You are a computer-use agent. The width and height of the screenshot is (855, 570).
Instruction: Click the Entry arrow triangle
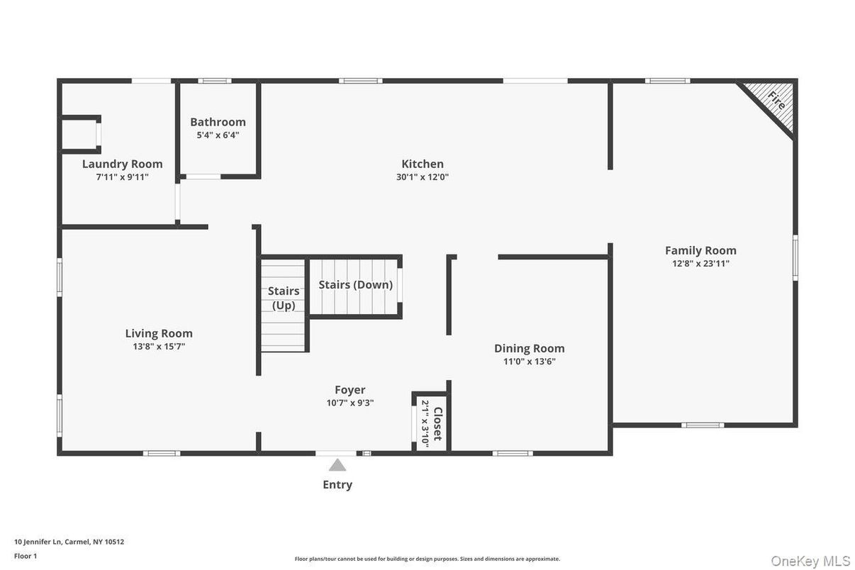pyautogui.click(x=337, y=465)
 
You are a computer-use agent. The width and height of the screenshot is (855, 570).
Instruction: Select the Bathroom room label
pyautogui.click(x=218, y=122)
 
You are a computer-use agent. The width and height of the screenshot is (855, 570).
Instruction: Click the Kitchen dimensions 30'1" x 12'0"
pyautogui.click(x=423, y=177)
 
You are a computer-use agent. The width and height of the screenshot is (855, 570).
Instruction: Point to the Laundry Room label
pyautogui.click(x=122, y=164)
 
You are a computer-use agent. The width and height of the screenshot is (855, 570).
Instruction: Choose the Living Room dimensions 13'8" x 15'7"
pyautogui.click(x=159, y=347)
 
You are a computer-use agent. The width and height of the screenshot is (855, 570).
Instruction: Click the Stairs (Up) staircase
pyautogui.click(x=283, y=305)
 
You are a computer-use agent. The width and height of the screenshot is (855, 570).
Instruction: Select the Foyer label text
pyautogui.click(x=350, y=390)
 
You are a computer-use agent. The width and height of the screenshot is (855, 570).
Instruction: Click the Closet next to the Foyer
pyautogui.click(x=431, y=423)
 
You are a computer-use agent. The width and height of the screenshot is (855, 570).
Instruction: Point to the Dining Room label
pyautogui.click(x=530, y=348)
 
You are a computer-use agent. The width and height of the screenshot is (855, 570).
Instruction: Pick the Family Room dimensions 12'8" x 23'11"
pyautogui.click(x=700, y=264)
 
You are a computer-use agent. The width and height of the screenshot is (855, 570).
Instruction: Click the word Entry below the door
pyautogui.click(x=337, y=485)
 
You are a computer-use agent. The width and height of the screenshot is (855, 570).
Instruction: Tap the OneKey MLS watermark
pyautogui.click(x=810, y=561)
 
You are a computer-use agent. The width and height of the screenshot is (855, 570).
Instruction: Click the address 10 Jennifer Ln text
pyautogui.click(x=69, y=542)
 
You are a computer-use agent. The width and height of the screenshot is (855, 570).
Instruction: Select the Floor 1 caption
pyautogui.click(x=26, y=556)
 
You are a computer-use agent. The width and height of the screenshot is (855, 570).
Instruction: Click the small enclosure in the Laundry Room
pyautogui.click(x=79, y=133)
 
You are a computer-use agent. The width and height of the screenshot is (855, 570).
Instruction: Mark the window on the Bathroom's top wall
pyautogui.click(x=214, y=81)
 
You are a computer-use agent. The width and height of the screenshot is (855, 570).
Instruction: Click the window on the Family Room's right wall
pyautogui.click(x=795, y=257)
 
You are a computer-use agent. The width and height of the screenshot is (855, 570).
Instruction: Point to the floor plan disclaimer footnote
pyautogui.click(x=427, y=559)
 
